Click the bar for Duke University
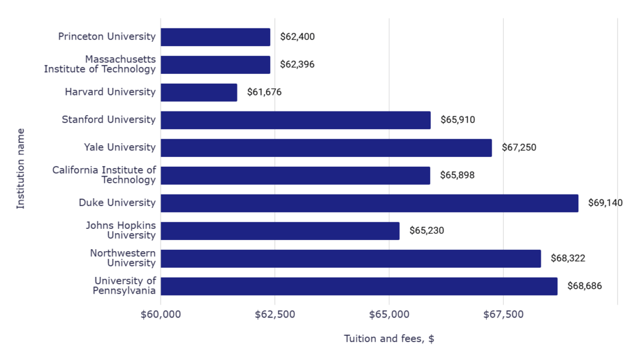(369, 203)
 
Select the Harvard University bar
(199, 92)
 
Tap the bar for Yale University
(326, 148)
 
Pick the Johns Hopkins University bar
(280, 231)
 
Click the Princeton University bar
(215, 37)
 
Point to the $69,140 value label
(605, 203)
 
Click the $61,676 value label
(265, 92)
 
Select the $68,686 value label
(584, 286)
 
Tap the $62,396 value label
(297, 65)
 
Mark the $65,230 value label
(426, 231)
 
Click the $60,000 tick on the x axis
(161, 315)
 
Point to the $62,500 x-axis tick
(275, 315)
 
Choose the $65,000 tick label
(389, 315)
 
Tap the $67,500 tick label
(503, 315)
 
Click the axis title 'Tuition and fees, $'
(389, 339)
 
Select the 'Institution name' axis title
(21, 168)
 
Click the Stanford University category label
(109, 119)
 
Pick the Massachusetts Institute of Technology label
(100, 64)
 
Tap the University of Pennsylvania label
(124, 286)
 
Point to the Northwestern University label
(122, 258)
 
